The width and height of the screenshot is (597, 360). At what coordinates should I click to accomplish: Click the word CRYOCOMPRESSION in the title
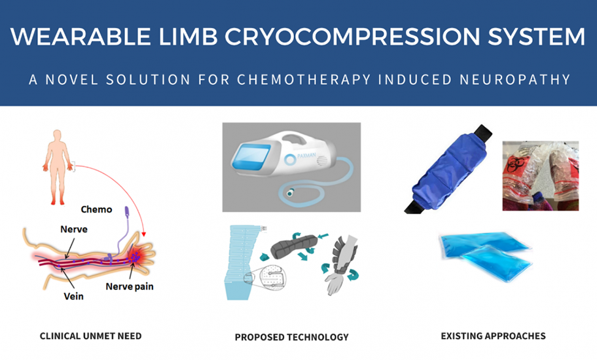pos(353,37)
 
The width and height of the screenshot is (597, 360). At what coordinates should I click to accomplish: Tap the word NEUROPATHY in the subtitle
pos(515,80)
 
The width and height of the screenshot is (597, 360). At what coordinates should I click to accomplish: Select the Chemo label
pos(96,209)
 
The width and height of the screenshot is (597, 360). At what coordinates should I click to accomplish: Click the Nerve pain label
pos(130,287)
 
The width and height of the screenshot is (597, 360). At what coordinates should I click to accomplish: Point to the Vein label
pos(73,296)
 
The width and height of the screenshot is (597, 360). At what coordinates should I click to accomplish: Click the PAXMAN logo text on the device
pos(307,156)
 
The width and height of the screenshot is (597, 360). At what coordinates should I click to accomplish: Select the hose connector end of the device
pos(290,193)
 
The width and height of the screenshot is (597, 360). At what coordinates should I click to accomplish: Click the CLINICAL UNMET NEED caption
pos(90,336)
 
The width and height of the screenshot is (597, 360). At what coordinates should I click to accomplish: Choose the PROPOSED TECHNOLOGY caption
pos(292,337)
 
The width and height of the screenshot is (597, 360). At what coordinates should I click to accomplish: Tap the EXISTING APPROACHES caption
pos(493,336)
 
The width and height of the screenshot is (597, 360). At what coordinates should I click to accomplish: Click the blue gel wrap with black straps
pos(448,169)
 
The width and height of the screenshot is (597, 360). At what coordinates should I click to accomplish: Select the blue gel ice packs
pos(486,256)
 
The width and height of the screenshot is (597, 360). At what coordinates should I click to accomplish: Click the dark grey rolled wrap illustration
pos(294,247)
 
